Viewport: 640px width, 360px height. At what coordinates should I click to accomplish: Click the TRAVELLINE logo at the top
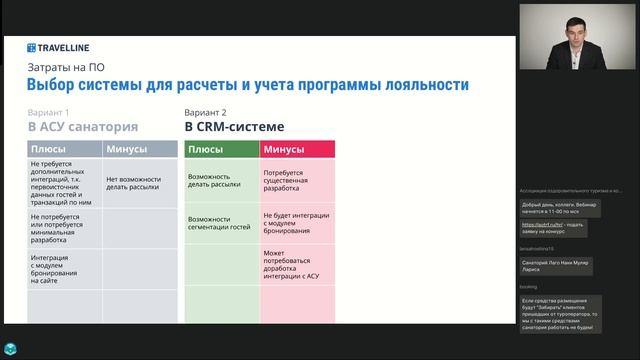(61, 46)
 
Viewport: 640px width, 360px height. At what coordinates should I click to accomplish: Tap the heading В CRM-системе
(233, 128)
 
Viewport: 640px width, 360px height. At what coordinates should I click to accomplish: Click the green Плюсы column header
(221, 149)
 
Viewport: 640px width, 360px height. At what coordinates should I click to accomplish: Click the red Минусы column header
(296, 149)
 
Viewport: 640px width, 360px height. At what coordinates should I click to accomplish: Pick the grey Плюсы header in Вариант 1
(64, 149)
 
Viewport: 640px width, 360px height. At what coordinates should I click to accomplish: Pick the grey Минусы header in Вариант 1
(139, 149)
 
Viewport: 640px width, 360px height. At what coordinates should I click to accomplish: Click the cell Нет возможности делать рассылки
(136, 183)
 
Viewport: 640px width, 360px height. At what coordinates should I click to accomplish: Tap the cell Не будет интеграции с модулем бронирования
(296, 223)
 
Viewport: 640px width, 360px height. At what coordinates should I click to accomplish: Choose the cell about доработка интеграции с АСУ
(296, 265)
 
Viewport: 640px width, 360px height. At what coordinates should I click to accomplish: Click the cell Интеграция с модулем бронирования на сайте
(59, 270)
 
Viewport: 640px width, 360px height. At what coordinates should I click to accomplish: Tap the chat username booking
(529, 286)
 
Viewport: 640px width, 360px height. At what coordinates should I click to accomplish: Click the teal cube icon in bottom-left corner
(10, 349)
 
